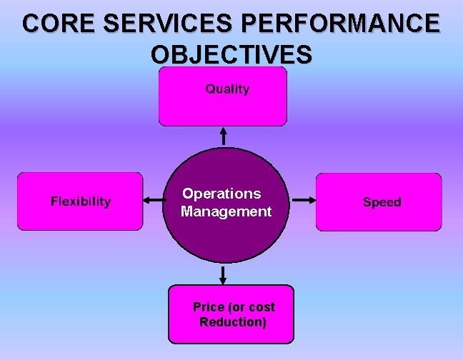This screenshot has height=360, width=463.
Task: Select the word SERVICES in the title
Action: [164, 24]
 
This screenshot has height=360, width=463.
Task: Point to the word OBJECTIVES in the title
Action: [231, 54]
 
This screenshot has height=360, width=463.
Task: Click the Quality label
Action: [227, 89]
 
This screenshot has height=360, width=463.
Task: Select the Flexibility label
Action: [81, 201]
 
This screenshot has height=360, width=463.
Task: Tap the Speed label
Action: [382, 202]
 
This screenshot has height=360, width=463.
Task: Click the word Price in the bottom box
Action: [209, 307]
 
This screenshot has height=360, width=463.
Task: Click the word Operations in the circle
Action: [221, 194]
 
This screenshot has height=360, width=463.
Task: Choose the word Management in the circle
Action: [226, 211]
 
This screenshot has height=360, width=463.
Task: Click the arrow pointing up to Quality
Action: [224, 136]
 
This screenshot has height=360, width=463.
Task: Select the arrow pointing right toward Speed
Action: [304, 201]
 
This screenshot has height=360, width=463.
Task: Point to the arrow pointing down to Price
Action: [224, 274]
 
